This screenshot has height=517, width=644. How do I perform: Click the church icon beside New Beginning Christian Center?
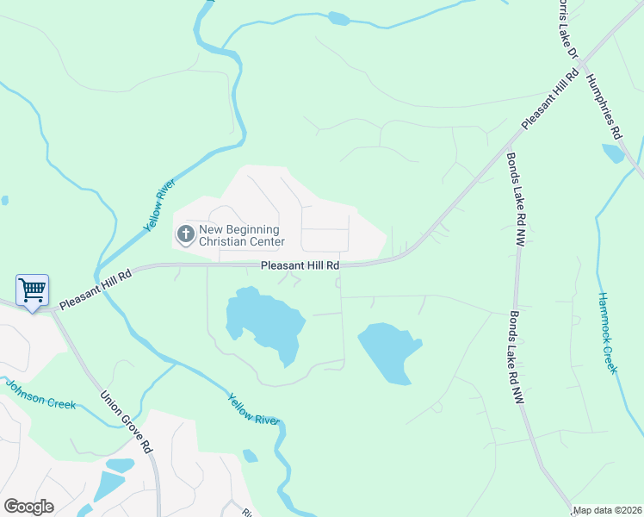185,234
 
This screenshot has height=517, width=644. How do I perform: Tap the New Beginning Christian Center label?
240,235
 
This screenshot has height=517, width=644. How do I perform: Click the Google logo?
28,507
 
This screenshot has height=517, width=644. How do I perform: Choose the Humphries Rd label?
604,105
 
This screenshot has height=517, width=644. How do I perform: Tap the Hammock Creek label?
608,332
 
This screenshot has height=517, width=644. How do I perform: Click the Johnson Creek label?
40,394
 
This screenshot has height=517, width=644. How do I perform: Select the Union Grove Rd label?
126,423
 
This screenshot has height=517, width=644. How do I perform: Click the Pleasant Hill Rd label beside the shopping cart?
96,290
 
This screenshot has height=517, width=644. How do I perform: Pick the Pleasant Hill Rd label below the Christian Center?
300,266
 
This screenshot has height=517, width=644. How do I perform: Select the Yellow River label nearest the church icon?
159,205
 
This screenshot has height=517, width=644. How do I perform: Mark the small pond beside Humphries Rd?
613,153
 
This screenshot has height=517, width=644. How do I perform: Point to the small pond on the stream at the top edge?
339,18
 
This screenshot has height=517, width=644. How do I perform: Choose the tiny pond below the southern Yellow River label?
250,456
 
